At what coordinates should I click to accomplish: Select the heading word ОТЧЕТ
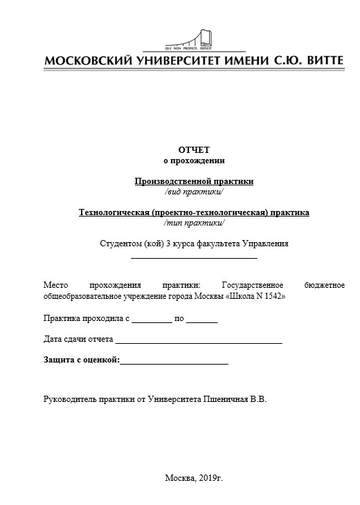point(194,149)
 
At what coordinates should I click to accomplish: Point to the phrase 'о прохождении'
point(194,160)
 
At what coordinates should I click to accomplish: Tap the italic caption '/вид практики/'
point(194,192)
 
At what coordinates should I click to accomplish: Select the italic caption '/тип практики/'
point(194,223)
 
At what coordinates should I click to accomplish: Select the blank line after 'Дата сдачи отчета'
point(199,341)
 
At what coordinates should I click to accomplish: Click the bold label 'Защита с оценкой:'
point(82,360)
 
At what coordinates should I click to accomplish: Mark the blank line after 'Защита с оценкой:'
point(174,362)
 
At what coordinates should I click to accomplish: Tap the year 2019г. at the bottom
point(210,478)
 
